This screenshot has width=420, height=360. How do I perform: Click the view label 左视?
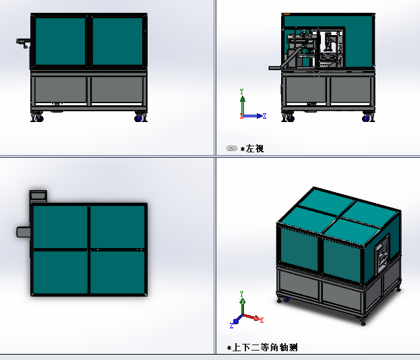pos(255,148)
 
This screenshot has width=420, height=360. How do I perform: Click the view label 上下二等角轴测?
pos(265,347)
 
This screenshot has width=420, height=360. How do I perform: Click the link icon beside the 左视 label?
pos(232,148)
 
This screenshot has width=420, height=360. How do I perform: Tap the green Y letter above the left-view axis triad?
pos(241,92)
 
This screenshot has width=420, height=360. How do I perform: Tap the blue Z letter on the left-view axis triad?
pos(264,116)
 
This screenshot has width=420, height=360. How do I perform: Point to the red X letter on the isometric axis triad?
pos(262,320)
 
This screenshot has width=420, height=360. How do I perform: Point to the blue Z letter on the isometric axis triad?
pos(231,326)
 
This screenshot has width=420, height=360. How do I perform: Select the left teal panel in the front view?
pos(60,41)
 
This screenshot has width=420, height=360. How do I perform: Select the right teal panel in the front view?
pos(117,41)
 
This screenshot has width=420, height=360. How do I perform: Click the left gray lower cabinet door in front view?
pos(61,90)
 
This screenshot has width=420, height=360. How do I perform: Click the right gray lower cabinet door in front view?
pos(117,90)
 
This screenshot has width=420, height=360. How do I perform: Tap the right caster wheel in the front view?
pos(139,117)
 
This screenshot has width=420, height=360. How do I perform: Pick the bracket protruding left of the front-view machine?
pos(23,42)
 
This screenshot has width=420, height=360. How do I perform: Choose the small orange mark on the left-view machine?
pos(287,14)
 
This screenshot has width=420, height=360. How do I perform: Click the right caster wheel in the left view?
pos(367,118)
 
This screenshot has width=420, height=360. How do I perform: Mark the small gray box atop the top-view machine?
pos(38,196)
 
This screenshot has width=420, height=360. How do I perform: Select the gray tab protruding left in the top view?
pos(24,232)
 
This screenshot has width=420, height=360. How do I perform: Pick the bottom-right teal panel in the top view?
pos(117,272)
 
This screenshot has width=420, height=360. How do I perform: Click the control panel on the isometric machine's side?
pos(382,253)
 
